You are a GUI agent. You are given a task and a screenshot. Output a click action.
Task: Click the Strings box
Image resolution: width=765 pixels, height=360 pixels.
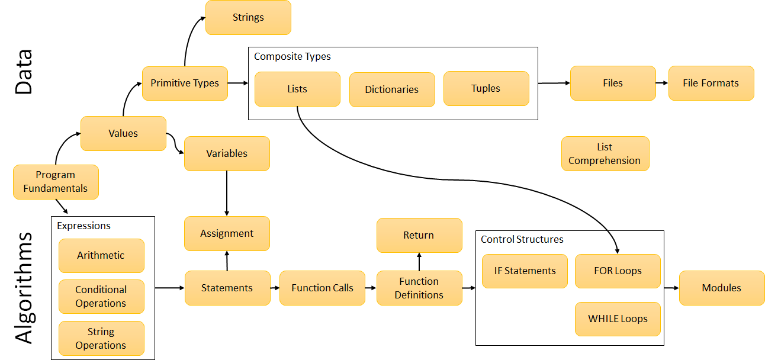248,17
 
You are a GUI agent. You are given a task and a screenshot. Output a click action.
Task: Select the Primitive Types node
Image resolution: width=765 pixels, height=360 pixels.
185,83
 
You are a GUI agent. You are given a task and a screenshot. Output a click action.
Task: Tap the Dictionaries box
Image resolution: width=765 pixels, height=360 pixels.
391,89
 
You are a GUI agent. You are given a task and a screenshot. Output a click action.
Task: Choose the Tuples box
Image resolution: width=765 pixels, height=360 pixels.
486,88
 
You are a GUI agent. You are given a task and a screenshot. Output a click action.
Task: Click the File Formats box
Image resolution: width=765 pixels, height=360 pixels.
711,83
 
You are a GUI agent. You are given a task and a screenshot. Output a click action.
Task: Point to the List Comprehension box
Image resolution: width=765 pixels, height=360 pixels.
605,153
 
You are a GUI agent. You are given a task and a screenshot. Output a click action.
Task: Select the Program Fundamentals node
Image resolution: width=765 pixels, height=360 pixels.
56,181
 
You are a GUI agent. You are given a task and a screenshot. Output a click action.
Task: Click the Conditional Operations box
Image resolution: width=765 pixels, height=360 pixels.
101,296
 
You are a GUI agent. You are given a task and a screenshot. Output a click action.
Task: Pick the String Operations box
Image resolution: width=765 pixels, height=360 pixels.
101,338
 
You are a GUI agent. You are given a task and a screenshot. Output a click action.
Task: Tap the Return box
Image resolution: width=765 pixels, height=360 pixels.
419,235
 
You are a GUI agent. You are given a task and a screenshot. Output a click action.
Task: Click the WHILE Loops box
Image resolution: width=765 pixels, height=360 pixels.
617,319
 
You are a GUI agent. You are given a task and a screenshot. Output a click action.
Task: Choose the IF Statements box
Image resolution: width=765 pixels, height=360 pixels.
525,271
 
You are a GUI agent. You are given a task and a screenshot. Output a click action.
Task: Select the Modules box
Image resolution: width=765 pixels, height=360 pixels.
721,288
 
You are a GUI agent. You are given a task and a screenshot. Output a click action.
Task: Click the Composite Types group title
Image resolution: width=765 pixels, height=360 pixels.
292,57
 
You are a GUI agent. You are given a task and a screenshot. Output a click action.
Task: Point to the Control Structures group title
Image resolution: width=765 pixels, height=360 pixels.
522,240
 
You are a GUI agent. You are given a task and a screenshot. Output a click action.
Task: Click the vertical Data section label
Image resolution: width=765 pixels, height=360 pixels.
23,72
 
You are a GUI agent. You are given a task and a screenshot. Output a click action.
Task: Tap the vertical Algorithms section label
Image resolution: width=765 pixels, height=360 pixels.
23,288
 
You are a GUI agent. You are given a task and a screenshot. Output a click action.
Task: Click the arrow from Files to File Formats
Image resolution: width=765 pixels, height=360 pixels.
662,83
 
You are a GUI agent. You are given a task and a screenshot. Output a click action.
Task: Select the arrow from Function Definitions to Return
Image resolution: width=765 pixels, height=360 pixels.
419,262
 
